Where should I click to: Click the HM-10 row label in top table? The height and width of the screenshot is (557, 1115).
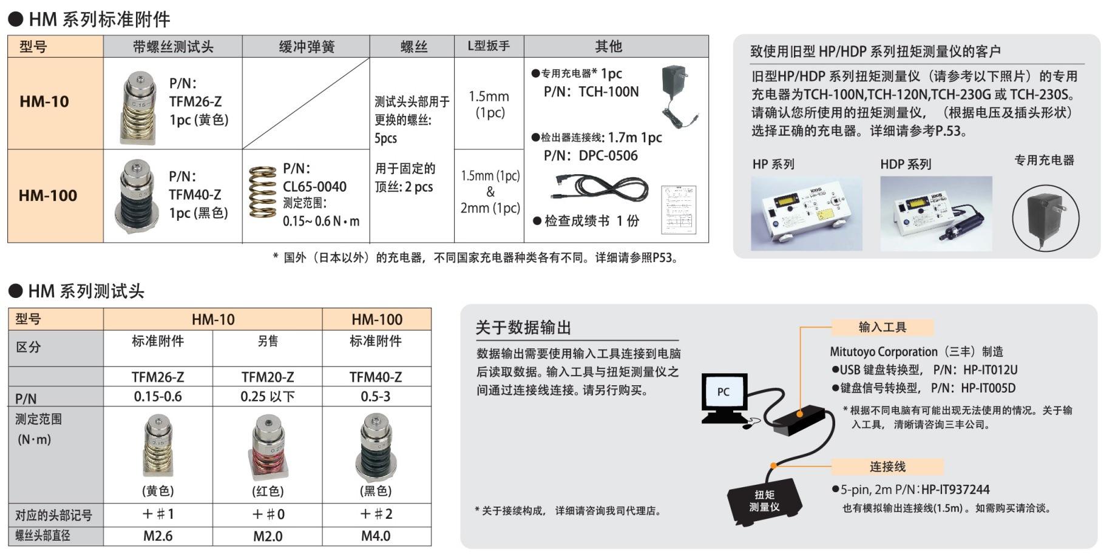click(x=44, y=101)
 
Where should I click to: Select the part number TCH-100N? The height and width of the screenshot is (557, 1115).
click(x=608, y=92)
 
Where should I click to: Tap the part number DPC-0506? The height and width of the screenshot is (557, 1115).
click(x=608, y=155)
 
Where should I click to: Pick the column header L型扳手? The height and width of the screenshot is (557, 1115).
click(x=489, y=46)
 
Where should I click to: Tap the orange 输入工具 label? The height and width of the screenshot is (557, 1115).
click(x=882, y=328)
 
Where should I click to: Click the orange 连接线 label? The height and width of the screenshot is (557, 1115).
click(x=887, y=467)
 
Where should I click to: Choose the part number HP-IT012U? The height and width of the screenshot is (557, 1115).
click(x=990, y=370)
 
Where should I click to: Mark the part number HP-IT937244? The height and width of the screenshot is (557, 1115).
click(x=955, y=490)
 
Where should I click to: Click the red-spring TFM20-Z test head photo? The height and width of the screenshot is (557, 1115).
click(x=268, y=447)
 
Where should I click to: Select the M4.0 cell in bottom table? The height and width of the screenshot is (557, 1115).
click(x=376, y=536)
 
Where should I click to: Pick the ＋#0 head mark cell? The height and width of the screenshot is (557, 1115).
click(x=268, y=515)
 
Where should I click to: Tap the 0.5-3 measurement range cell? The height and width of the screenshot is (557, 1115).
click(x=376, y=397)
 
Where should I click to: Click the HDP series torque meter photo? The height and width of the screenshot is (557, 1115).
click(x=935, y=213)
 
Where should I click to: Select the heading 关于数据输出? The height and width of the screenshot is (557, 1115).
click(x=523, y=328)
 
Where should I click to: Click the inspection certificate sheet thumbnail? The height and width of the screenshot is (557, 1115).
click(x=679, y=209)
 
